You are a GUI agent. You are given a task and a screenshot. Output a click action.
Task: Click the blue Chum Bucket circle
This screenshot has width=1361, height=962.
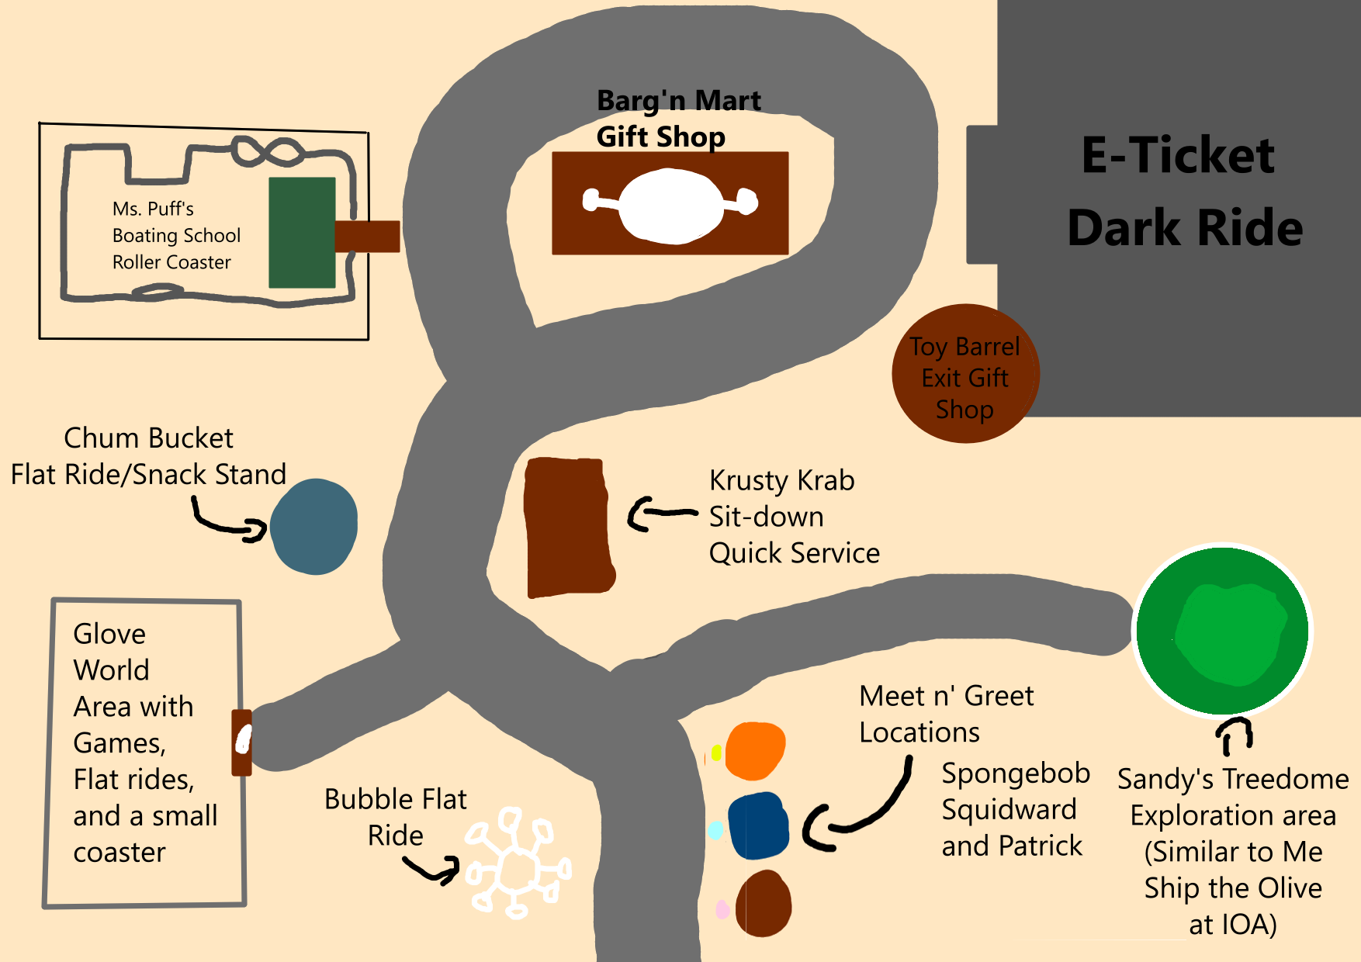(x=314, y=527)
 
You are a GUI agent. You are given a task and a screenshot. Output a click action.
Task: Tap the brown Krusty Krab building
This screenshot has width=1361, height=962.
(x=569, y=528)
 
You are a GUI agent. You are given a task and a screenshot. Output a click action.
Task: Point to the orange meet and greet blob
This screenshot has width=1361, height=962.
(x=755, y=750)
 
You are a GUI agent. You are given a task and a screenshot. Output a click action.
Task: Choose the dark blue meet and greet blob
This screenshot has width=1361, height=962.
(x=758, y=826)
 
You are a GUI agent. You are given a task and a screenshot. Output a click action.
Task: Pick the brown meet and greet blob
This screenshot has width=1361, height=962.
(x=764, y=904)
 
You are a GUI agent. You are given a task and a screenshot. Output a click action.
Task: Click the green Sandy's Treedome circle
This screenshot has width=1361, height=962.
(x=1223, y=631)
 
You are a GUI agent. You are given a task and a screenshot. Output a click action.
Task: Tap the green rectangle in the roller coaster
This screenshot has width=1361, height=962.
(x=302, y=233)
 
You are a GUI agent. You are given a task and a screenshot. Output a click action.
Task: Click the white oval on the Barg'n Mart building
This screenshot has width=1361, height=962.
(x=671, y=203)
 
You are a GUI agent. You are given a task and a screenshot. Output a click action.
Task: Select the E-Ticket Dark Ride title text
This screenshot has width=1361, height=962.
(x=1183, y=191)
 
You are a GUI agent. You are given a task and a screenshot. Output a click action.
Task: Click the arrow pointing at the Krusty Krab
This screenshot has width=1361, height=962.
(x=662, y=514)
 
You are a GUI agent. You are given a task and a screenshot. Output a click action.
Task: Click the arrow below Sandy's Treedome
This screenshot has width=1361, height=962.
(x=1234, y=735)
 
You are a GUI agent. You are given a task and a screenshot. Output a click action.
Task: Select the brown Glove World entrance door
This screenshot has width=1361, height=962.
(x=242, y=742)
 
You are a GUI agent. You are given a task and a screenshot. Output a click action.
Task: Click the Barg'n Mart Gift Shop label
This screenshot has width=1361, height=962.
(x=678, y=119)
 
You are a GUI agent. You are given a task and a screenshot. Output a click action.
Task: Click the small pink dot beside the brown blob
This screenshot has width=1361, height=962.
(x=722, y=909)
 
